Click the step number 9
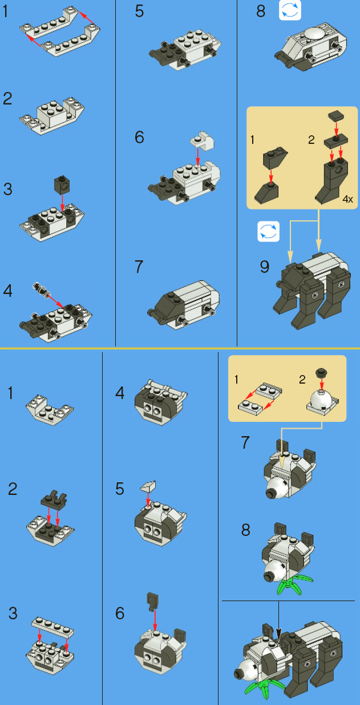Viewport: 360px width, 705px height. (264, 267)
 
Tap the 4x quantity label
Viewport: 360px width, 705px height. (347, 199)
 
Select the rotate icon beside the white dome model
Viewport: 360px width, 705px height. (290, 11)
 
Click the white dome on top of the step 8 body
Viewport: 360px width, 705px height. (312, 34)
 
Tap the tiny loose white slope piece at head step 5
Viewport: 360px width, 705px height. (148, 487)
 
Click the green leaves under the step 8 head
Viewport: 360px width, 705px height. (294, 585)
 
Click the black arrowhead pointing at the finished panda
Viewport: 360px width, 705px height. (278, 634)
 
